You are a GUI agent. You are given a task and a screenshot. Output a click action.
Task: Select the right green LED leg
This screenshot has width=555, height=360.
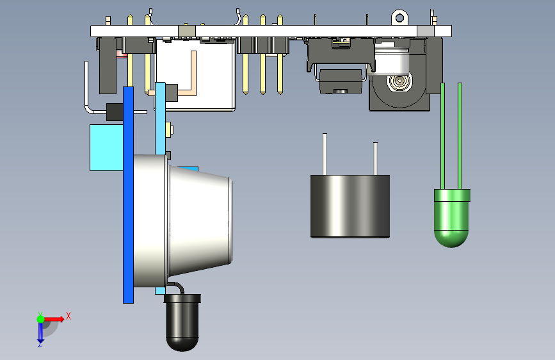460,135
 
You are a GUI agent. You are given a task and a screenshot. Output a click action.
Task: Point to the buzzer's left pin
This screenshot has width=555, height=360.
325,154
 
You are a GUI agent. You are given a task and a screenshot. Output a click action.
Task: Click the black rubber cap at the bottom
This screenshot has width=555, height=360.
182,323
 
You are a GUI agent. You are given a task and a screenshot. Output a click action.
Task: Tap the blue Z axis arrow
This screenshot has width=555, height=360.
40,331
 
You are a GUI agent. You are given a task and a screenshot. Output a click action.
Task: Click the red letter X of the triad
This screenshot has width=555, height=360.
68,315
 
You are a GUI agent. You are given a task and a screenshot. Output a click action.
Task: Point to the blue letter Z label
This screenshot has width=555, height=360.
40,345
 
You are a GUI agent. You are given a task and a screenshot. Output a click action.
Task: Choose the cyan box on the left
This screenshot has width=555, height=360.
105,147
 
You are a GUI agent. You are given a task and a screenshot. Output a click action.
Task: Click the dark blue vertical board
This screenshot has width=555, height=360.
128,192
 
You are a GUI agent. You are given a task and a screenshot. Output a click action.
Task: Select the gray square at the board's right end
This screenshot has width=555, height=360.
425,31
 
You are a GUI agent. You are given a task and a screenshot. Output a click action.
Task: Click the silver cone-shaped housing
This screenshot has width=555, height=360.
198,221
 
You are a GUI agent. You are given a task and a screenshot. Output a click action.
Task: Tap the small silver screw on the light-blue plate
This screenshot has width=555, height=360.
170,131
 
